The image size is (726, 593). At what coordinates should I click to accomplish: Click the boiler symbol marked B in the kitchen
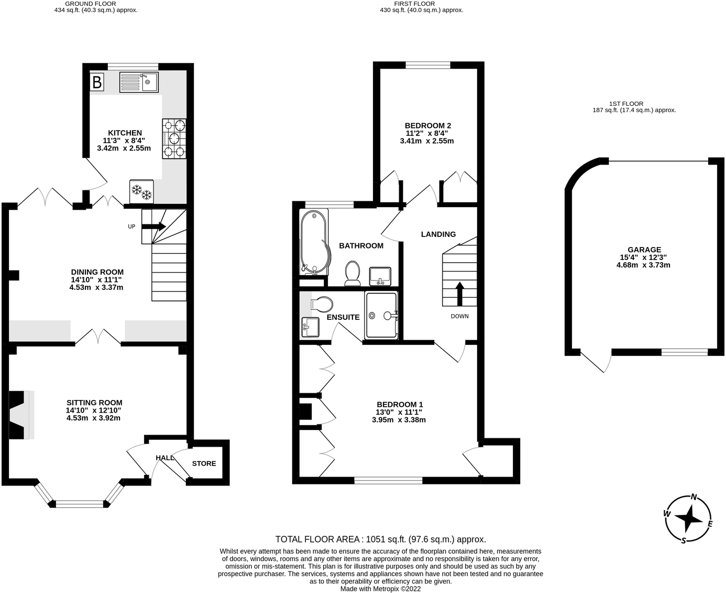[97, 82]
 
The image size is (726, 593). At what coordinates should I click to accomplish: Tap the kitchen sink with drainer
[139, 82]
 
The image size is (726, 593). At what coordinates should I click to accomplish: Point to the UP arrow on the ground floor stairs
[153, 227]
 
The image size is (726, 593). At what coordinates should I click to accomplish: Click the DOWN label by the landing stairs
[459, 316]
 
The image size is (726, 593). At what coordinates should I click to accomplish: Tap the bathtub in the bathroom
[314, 242]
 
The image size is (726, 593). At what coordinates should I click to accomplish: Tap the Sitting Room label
[94, 403]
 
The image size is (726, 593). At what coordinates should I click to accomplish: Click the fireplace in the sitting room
[21, 415]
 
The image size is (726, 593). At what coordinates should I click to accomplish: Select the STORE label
[204, 463]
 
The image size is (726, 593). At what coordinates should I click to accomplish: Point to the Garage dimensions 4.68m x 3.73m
[643, 265]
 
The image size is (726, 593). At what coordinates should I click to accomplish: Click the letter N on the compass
[694, 497]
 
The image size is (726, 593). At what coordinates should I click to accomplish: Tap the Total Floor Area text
[380, 539]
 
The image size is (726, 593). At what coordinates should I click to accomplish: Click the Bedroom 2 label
[427, 126]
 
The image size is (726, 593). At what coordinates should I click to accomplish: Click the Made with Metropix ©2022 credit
[380, 589]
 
